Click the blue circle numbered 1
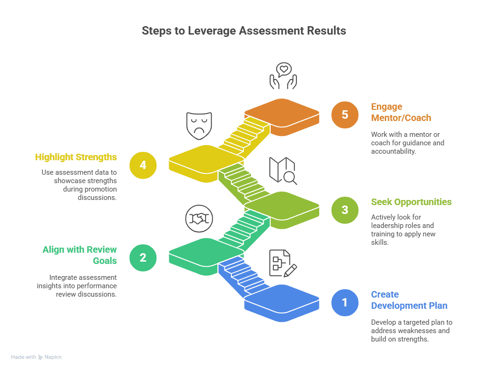344,302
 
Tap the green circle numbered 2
143,257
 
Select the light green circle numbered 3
344,210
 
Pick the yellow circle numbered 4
143,165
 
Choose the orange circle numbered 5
344,114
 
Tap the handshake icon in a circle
199,219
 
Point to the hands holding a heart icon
283,76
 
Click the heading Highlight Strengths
76,157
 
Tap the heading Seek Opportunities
411,202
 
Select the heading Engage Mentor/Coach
401,112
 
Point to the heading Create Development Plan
409,300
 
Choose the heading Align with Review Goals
79,255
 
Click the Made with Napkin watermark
36,357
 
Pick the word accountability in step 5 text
393,151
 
